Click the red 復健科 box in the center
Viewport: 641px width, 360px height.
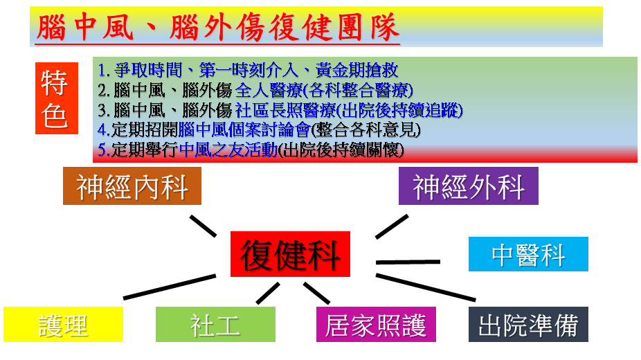[x=290, y=254]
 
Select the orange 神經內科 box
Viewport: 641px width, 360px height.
[x=132, y=186]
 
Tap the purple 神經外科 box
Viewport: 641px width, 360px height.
[x=469, y=186]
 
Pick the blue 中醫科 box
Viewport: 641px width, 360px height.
[x=528, y=254]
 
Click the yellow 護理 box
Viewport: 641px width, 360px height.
[x=64, y=325]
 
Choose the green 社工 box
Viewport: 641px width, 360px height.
[x=215, y=325]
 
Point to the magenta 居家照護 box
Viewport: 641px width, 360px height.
[x=376, y=325]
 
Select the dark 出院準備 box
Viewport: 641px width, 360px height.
[x=528, y=325]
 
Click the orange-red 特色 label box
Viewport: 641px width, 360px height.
[x=57, y=98]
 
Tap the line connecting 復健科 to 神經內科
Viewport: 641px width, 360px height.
[x=204, y=226]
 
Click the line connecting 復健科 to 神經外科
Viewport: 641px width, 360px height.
[x=392, y=226]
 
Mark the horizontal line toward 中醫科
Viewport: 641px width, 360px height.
[x=408, y=262]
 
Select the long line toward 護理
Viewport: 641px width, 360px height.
[x=170, y=287]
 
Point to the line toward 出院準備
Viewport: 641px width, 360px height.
[x=426, y=288]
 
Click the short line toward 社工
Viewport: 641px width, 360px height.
[x=268, y=293]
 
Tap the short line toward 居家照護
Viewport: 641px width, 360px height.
[x=316, y=293]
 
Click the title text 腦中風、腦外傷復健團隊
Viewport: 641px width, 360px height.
[x=217, y=28]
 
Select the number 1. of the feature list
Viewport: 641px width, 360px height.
[x=104, y=71]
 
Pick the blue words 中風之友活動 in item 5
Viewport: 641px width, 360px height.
[x=228, y=150]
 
